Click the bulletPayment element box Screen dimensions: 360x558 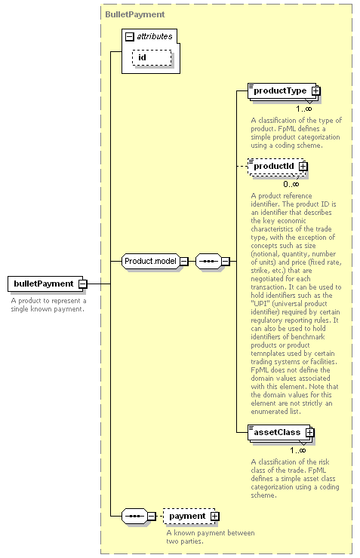pyautogui.click(x=45, y=284)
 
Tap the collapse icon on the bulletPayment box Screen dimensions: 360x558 pyautogui.click(x=82, y=284)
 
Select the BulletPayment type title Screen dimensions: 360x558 pyautogui.click(x=135, y=14)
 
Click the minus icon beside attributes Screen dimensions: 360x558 pyautogui.click(x=130, y=36)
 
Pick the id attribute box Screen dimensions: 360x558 pyautogui.click(x=152, y=57)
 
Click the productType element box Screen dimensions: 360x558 pyautogui.click(x=283, y=91)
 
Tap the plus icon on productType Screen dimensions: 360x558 pyautogui.click(x=315, y=91)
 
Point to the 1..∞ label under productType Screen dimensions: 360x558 pyautogui.click(x=303, y=109)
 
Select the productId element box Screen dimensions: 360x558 pyautogui.click(x=276, y=167)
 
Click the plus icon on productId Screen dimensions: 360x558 pyautogui.click(x=303, y=166)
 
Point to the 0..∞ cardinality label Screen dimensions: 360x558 pyautogui.click(x=291, y=184)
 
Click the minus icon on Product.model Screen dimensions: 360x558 pyautogui.click(x=183, y=262)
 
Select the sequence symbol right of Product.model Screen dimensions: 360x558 pyautogui.click(x=208, y=262)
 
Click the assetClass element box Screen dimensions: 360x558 pyautogui.click(x=279, y=433)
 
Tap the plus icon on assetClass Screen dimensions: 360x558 pyautogui.click(x=309, y=432)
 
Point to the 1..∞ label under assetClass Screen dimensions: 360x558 pyautogui.click(x=297, y=450)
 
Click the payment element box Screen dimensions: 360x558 pyautogui.click(x=189, y=517)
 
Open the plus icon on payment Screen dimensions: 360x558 pyautogui.click(x=215, y=517)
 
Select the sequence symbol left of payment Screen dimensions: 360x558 pyautogui.click(x=134, y=517)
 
